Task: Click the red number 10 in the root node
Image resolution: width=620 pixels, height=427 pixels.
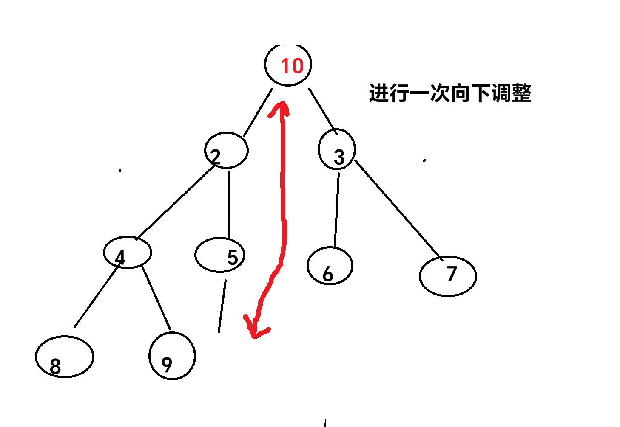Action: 292,66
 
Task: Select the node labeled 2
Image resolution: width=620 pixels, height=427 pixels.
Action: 226,151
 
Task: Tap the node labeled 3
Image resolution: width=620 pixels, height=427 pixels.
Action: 337,150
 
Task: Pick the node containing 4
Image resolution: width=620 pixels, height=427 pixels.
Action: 127,252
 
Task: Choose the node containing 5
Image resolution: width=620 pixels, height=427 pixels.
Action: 220,255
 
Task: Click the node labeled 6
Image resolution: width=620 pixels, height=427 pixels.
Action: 330,266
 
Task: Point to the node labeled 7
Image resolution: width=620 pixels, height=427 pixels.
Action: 447,276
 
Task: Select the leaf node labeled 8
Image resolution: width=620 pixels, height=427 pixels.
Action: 64,357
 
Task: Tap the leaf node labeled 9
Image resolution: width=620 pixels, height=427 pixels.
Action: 172,356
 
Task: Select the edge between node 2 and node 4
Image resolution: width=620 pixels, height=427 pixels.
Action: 175,203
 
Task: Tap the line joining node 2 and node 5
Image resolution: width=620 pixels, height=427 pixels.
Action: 229,204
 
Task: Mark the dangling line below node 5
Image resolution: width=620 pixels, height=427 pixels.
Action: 222,306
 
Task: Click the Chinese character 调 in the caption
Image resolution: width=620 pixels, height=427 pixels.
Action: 501,93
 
